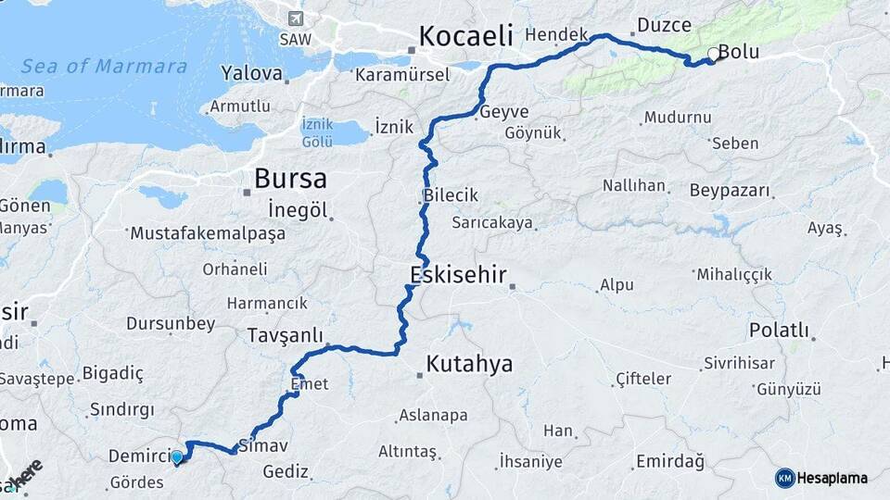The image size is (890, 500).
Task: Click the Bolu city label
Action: pyautogui.click(x=739, y=53)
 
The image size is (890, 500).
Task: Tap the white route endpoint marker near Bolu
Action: pyautogui.click(x=713, y=54)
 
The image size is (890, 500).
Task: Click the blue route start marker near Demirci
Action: pyautogui.click(x=176, y=456)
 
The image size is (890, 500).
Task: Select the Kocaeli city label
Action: pyautogui.click(x=465, y=36)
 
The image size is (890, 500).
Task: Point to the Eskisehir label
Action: pyautogui.click(x=457, y=274)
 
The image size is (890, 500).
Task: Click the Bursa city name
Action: pyautogui.click(x=290, y=178)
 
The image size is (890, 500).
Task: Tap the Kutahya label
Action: pyautogui.click(x=469, y=364)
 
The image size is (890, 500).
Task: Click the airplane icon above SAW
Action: pyautogui.click(x=296, y=19)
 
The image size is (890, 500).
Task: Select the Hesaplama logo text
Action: pyautogui.click(x=833, y=478)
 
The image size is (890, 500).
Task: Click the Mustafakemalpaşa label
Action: pyautogui.click(x=209, y=233)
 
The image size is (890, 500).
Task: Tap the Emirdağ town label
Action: pyautogui.click(x=669, y=461)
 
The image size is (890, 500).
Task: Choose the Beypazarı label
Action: pyautogui.click(x=730, y=191)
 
